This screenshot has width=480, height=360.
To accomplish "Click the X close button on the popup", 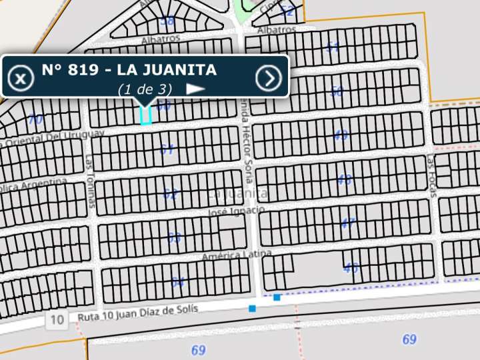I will point(21,79).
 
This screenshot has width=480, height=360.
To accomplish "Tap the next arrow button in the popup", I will point(269,79).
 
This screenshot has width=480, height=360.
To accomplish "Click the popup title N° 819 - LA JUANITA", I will point(129,69).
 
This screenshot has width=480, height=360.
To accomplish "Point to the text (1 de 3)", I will point(145,89).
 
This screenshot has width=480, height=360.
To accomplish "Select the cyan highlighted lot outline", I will point(145,115).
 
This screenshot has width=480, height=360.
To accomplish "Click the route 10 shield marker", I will point(57,320).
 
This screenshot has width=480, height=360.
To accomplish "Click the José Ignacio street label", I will point(236,211).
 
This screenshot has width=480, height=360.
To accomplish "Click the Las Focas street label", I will point(431,176).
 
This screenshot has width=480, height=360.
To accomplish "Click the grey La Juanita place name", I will point(238,194).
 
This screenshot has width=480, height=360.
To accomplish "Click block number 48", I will point(344,179).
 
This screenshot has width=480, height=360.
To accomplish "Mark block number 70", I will point(35,120).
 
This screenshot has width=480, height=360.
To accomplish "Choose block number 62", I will point(171,195).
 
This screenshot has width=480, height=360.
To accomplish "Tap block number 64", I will point(177,282).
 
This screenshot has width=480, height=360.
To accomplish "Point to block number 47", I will point(348,223).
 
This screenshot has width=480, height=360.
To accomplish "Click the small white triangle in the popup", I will point(195,88).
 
